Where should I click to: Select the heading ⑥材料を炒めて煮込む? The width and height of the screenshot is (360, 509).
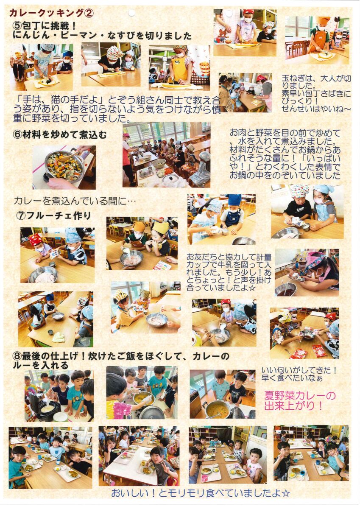click(60, 135)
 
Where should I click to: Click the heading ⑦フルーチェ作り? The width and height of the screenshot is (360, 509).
click(53, 215)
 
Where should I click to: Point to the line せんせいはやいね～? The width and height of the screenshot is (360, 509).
click(316, 109)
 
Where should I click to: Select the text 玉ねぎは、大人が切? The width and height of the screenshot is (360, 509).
click(316, 79)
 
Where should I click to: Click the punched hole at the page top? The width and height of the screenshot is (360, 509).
click(131, 14)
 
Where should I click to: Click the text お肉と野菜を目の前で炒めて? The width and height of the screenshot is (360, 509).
click(285, 132)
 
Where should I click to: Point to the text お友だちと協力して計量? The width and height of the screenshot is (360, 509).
click(229, 257)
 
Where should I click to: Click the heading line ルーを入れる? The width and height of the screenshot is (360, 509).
click(41, 365)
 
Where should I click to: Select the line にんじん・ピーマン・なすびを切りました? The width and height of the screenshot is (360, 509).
click(102, 36)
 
